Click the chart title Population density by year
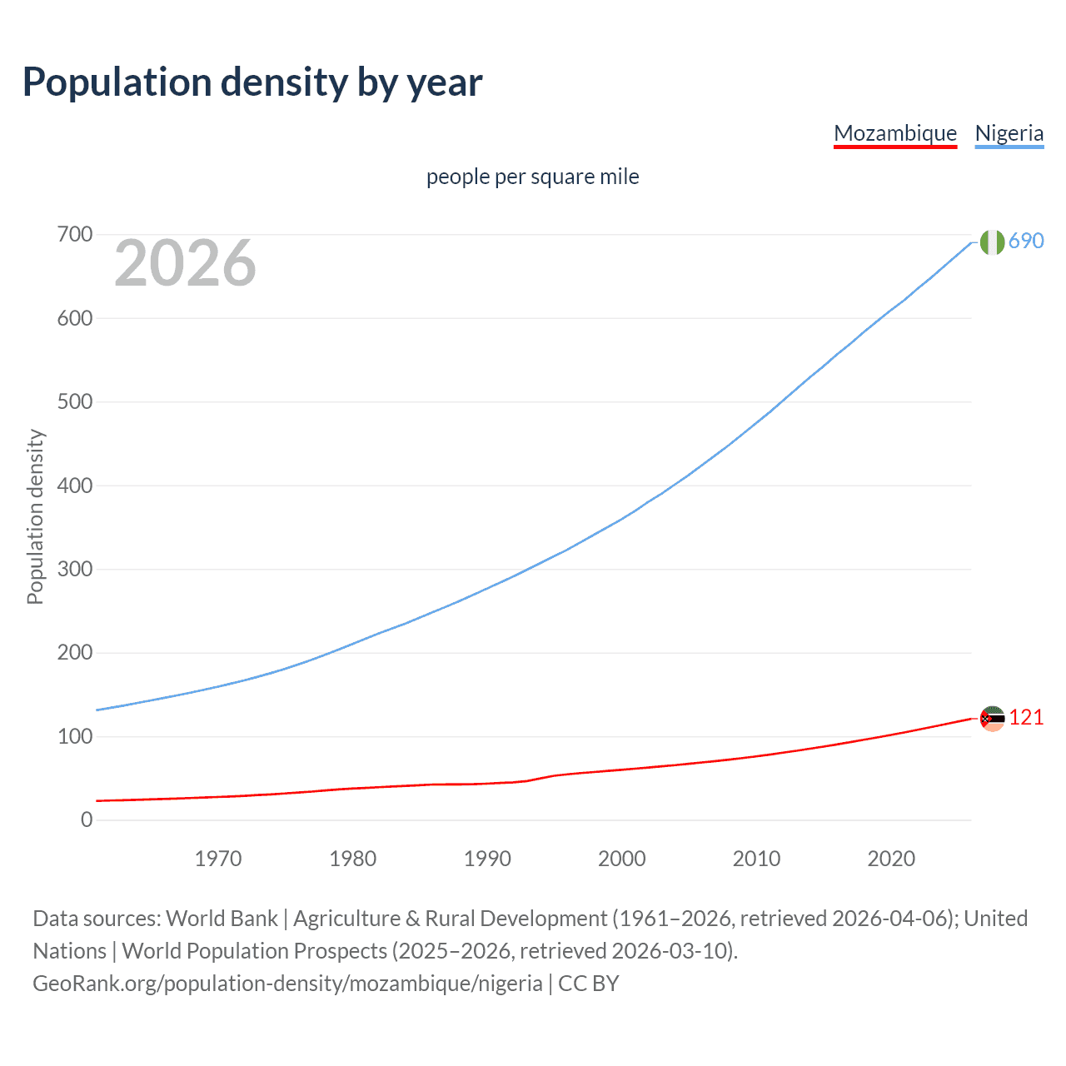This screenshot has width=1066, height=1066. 252,82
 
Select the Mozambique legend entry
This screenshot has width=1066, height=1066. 895,133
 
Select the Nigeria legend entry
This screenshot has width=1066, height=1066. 1009,133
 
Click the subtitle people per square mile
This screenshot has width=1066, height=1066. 532,177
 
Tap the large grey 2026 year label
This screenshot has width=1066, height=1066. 185,263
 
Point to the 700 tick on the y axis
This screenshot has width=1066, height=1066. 74,235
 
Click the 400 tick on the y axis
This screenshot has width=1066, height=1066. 74,486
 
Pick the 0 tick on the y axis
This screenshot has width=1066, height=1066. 87,820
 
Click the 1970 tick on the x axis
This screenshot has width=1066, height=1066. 218,859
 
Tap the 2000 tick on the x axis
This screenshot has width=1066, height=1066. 622,859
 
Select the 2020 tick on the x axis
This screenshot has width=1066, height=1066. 891,859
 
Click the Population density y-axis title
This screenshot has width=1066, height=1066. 35,516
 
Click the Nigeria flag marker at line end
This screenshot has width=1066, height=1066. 992,242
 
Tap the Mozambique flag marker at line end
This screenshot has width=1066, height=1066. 992,718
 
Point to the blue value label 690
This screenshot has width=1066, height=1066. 1026,242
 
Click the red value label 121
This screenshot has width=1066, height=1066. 1026,718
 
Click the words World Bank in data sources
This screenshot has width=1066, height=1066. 222,919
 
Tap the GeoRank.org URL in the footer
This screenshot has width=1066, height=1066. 287,984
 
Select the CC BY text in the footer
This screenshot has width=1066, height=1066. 589,984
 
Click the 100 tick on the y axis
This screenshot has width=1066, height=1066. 74,737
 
